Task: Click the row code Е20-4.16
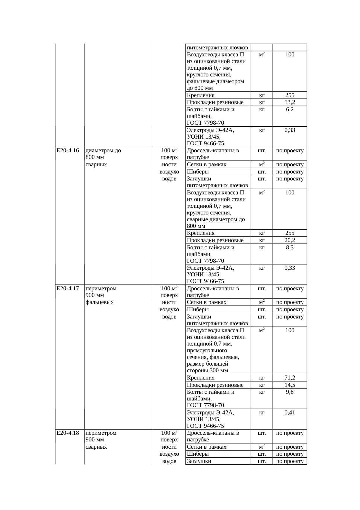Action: (x=68, y=151)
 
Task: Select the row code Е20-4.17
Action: (x=68, y=289)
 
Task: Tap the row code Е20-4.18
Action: (x=68, y=433)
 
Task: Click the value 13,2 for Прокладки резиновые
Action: (x=290, y=102)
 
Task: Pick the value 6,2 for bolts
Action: (x=290, y=110)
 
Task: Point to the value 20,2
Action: (x=290, y=240)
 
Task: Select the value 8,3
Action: (x=290, y=247)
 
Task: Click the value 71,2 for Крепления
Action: (x=290, y=378)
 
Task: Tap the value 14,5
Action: (x=290, y=385)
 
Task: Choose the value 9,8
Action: (x=290, y=392)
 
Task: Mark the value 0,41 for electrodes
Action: (x=290, y=412)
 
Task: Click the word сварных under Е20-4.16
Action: (x=96, y=164)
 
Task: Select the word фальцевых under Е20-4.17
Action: (x=100, y=302)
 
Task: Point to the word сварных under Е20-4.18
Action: (x=96, y=447)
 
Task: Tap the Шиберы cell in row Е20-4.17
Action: (x=198, y=309)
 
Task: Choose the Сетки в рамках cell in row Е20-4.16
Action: (x=206, y=164)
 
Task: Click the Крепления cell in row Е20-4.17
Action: (x=201, y=378)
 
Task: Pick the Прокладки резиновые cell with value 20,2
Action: (x=215, y=240)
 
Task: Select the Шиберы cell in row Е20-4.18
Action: (x=198, y=454)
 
